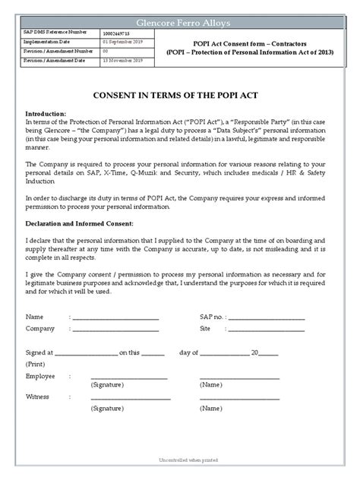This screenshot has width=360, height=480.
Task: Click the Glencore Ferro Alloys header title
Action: (x=180, y=23)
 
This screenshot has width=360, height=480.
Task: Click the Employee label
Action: (x=40, y=376)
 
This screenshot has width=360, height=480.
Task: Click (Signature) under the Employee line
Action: (x=107, y=386)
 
